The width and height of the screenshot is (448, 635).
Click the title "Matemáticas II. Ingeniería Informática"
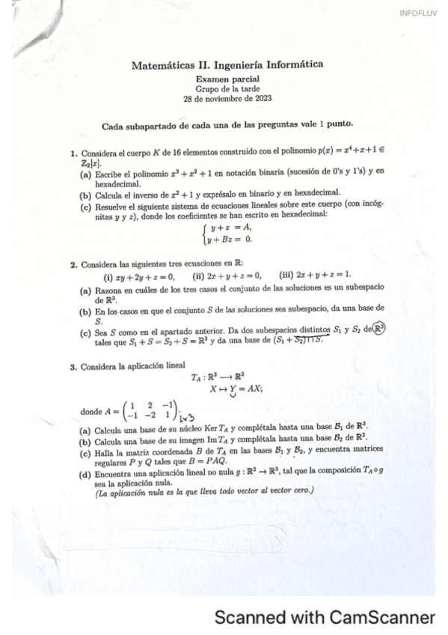pyautogui.click(x=227, y=65)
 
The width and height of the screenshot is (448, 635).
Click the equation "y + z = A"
pyautogui.click(x=230, y=228)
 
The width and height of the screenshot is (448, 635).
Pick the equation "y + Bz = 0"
pyautogui.click(x=230, y=240)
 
